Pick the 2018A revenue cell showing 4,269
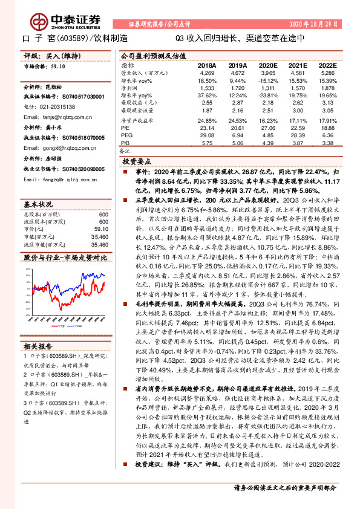(x=208, y=73)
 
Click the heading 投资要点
(x=136, y=163)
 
